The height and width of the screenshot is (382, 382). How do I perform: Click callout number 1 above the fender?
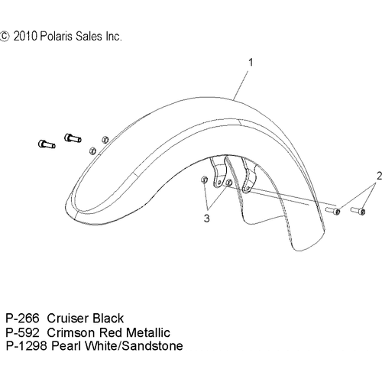coord(251,63)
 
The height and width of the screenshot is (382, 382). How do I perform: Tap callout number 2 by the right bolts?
coord(379,176)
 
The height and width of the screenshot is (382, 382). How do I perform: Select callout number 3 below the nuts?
coord(207,219)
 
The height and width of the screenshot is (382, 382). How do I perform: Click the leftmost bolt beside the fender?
coord(47,144)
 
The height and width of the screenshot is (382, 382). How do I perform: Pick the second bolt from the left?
coord(73,138)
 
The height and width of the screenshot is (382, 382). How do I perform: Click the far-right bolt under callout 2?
coord(358,211)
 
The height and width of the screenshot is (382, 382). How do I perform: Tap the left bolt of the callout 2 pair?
coord(333,211)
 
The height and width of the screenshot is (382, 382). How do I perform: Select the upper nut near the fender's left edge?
coord(105,139)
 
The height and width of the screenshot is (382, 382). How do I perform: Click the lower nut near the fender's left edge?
coord(92,151)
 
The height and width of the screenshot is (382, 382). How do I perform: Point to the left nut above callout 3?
coord(204,180)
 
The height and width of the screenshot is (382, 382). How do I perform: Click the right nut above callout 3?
coord(229,183)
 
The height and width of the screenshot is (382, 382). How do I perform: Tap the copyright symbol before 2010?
coord(4,37)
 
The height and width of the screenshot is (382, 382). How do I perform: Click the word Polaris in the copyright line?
coord(57,36)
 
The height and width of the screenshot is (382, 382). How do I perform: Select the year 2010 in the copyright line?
coord(25,37)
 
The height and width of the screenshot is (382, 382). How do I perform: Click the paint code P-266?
coord(23,319)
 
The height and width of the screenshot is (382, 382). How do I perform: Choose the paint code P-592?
coord(23,332)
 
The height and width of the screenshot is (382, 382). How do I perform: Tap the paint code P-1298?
coord(27,346)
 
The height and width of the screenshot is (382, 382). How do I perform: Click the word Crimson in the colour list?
coord(71,332)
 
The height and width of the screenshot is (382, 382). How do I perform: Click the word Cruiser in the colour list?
coord(68,319)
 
